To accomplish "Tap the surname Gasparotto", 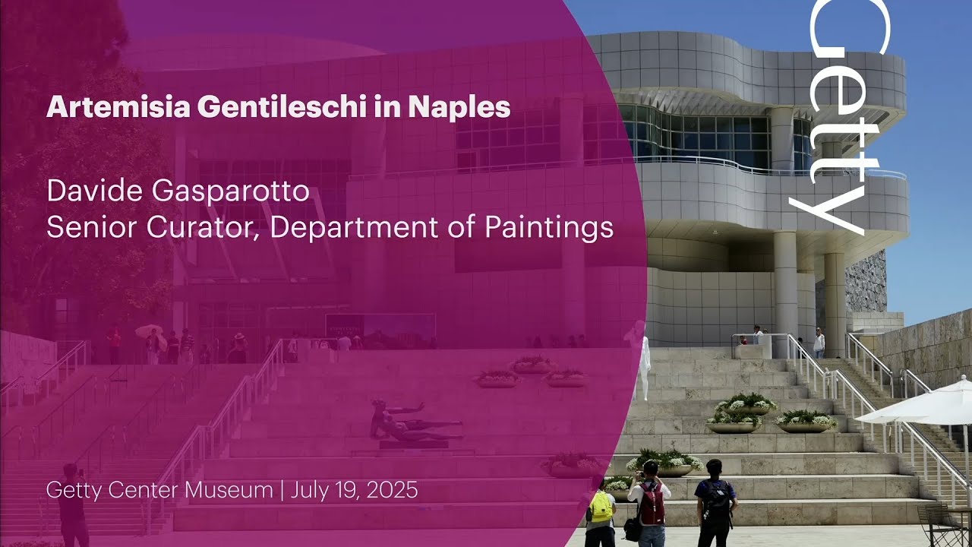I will [x=231, y=191].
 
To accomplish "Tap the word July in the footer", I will [x=313, y=490].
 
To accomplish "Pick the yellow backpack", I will [x=601, y=507].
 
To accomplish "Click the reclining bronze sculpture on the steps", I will [x=414, y=424].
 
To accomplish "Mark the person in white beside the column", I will [x=819, y=343].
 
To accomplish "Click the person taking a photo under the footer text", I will [x=73, y=503].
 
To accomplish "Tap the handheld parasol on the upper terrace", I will [x=149, y=330].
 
